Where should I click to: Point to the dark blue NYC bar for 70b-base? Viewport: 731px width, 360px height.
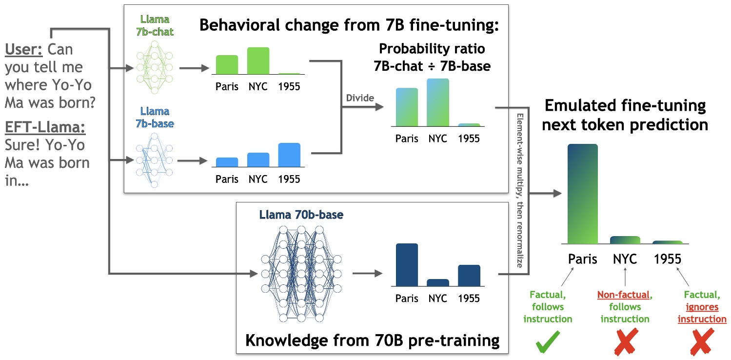point(437,283)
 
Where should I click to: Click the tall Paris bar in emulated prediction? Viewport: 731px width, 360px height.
point(582,194)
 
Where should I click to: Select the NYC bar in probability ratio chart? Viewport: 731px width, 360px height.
point(437,103)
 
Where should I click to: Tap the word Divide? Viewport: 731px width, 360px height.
point(359,98)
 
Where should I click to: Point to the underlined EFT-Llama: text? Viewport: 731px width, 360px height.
point(45,128)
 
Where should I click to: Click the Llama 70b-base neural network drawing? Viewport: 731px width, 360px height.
point(301,273)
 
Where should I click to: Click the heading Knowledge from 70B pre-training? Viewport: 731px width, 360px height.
point(372,340)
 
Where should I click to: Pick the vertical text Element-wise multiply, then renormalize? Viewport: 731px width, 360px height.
point(520,190)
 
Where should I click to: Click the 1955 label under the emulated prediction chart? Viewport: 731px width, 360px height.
point(667,259)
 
